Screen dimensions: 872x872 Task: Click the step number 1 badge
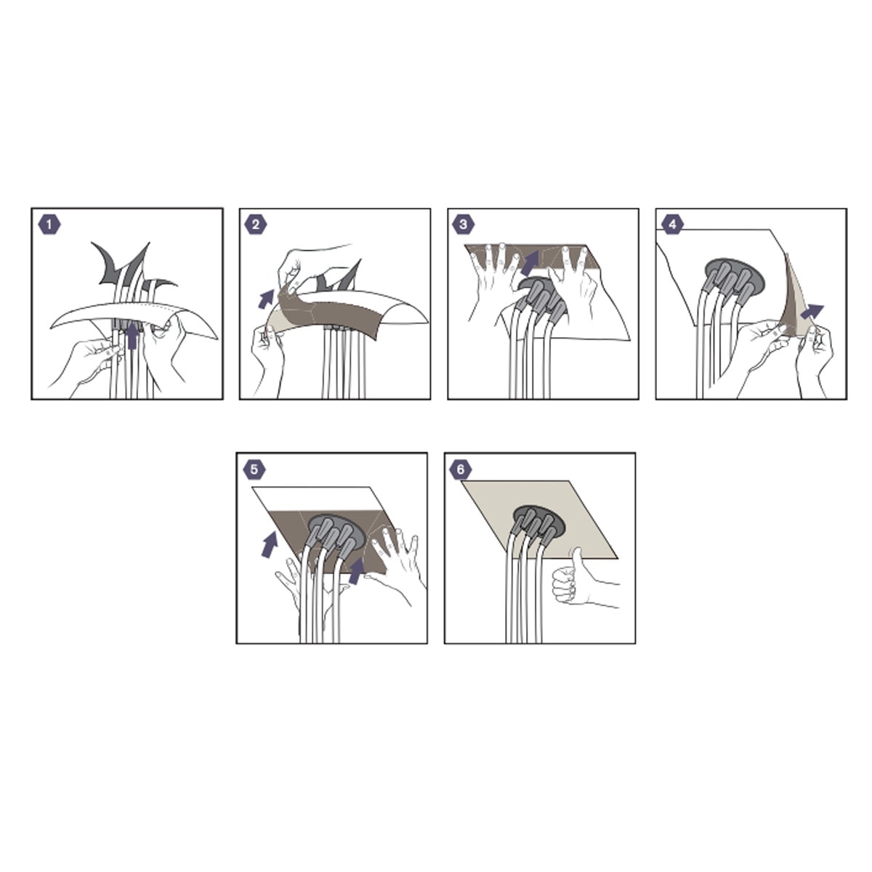[x=49, y=225]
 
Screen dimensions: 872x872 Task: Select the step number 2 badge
[x=256, y=225]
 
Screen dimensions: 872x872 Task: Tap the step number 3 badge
[x=463, y=225]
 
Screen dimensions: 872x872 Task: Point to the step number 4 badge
[x=672, y=225]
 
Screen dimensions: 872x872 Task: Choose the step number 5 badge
[x=254, y=469]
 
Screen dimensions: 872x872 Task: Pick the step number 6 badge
[x=460, y=469]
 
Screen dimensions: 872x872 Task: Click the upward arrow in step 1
[x=132, y=335]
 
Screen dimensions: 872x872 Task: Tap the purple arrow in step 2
[x=266, y=299]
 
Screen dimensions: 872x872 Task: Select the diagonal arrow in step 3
[x=530, y=263]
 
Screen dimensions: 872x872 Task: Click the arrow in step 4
[x=812, y=312]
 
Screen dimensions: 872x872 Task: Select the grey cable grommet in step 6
[x=539, y=521]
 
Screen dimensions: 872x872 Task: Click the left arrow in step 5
[x=270, y=544]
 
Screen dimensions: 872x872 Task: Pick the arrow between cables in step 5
[x=357, y=570]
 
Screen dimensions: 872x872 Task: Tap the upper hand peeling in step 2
[x=312, y=267]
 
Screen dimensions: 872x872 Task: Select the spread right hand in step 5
[x=395, y=565]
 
